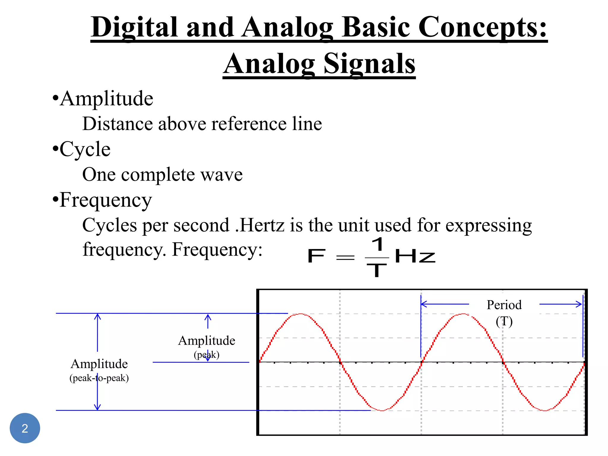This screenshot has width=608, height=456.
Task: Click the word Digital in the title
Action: pos(134,27)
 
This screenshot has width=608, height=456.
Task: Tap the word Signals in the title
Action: pos(369,64)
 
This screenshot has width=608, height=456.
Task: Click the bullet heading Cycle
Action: pos(85,149)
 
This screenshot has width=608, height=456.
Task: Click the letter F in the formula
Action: pos(316,256)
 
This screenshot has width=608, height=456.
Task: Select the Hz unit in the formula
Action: pos(415,256)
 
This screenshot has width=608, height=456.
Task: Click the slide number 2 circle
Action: pos(25,428)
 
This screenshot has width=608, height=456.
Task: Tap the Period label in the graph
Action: pos(504,305)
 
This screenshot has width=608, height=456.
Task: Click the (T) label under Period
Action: pos(504,322)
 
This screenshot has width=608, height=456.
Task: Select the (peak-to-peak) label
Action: pos(99,378)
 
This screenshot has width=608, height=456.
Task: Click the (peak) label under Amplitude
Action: pos(207,355)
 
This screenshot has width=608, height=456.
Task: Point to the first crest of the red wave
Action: pos(300,314)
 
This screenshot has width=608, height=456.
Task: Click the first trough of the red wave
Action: pos(382,410)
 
